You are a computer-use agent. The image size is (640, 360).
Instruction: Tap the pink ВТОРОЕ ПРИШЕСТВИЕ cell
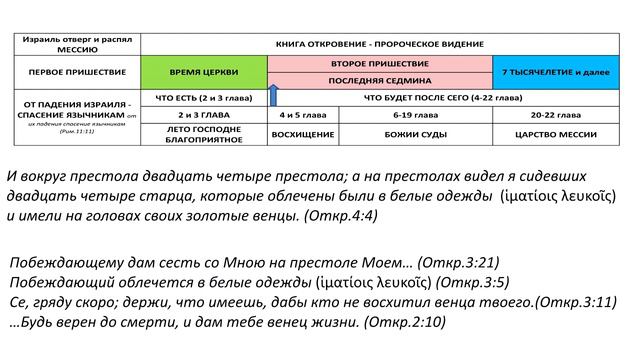click(x=380, y=63)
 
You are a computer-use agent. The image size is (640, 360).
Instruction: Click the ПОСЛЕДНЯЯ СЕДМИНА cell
click(x=380, y=82)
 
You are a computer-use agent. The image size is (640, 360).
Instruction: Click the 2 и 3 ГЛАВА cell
click(x=205, y=114)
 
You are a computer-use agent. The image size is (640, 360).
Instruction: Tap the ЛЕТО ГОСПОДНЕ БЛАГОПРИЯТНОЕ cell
click(x=205, y=132)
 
